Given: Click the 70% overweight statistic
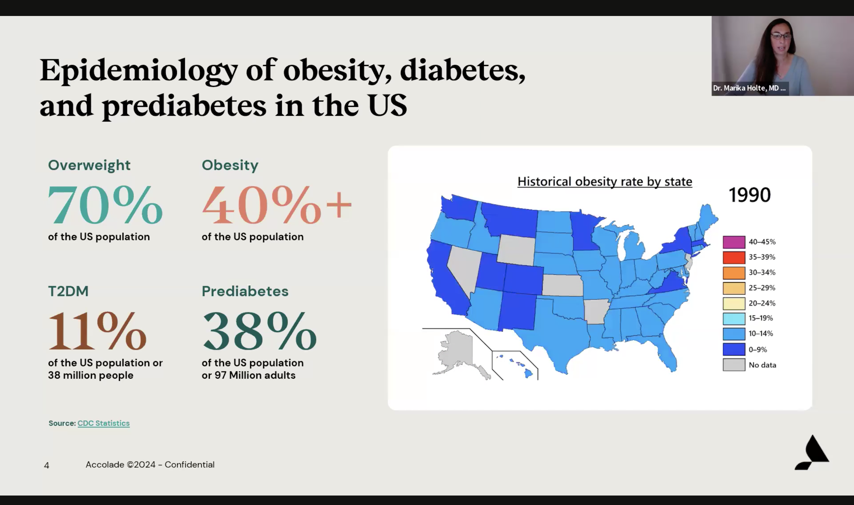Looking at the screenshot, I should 105,205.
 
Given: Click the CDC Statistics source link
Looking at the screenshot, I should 103,423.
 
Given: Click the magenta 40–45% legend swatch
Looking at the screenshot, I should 734,242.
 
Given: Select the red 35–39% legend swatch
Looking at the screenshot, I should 734,257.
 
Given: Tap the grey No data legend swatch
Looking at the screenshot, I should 734,365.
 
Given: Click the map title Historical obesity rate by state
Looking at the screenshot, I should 605,182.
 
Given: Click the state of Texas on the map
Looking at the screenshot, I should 559,334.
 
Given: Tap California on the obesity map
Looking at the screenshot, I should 443,279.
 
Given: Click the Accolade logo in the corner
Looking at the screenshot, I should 812,453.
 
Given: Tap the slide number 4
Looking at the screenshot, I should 47,465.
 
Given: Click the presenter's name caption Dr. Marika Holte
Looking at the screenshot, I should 749,88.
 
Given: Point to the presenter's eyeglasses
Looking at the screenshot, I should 781,36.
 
